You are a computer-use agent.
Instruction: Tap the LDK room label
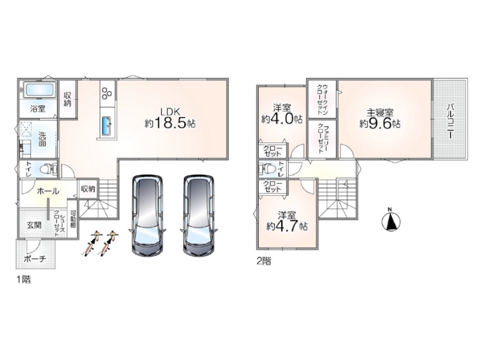(168, 111)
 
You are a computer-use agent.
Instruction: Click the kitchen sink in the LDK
(107, 126)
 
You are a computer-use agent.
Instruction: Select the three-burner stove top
(107, 93)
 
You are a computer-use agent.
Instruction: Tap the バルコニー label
(450, 121)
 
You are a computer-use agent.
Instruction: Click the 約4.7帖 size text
(287, 226)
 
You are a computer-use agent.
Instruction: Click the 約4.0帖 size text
(282, 119)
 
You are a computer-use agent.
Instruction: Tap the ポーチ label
(35, 259)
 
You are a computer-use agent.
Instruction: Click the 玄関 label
(34, 225)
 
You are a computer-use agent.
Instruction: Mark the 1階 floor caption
(24, 279)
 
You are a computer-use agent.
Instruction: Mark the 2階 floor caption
(264, 262)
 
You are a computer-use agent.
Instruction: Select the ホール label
(48, 192)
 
